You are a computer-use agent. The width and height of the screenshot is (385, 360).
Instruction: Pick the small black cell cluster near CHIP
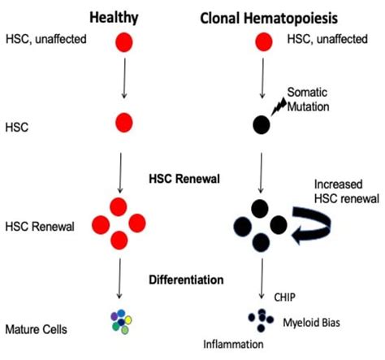pos(262,320)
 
